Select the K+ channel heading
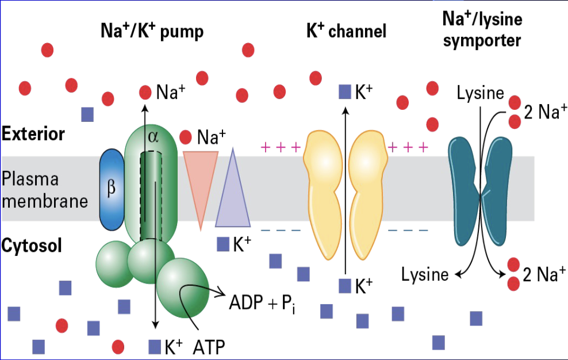point(347,31)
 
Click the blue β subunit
point(112,189)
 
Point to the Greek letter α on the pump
point(152,136)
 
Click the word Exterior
point(33,135)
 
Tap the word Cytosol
point(31,246)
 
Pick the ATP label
point(209,347)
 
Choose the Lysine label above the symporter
point(480,93)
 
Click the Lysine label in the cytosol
point(425,274)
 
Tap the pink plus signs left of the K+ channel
point(281,147)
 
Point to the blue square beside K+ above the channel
point(344,91)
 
